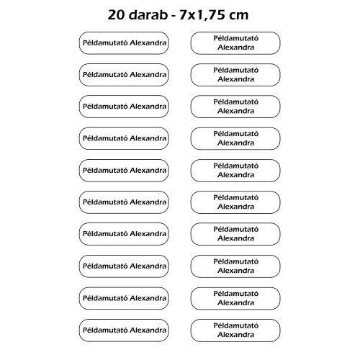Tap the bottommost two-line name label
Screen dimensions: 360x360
235,329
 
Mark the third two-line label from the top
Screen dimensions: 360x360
235,106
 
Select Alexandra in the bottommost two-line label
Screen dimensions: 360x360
235,334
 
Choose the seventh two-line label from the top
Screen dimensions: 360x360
235,233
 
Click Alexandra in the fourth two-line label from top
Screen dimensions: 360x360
235,143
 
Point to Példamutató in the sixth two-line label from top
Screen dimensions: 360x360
235,197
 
